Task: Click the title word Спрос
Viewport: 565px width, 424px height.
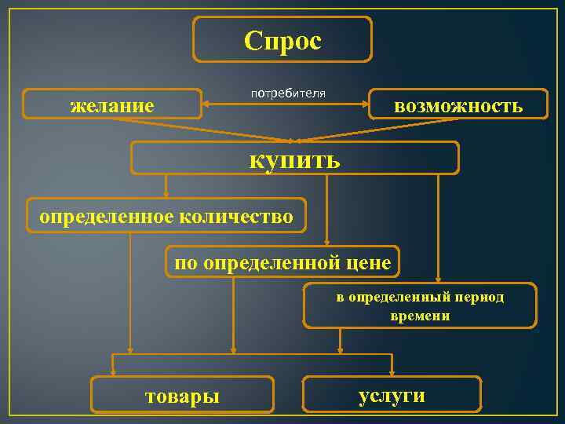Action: click(282, 40)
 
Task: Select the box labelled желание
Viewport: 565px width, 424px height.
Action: click(112, 104)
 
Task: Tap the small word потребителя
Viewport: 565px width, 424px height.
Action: click(288, 93)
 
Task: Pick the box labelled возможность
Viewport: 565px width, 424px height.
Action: click(458, 104)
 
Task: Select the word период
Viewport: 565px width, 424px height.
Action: click(480, 298)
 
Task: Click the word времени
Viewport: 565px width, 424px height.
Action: click(420, 316)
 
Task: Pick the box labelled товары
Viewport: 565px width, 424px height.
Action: click(182, 395)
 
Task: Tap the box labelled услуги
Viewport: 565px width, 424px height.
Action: click(392, 394)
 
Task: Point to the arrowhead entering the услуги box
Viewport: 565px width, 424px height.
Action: click(392, 372)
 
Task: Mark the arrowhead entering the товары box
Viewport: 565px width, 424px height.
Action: click(114, 372)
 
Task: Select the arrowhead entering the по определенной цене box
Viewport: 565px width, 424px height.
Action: click(326, 243)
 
